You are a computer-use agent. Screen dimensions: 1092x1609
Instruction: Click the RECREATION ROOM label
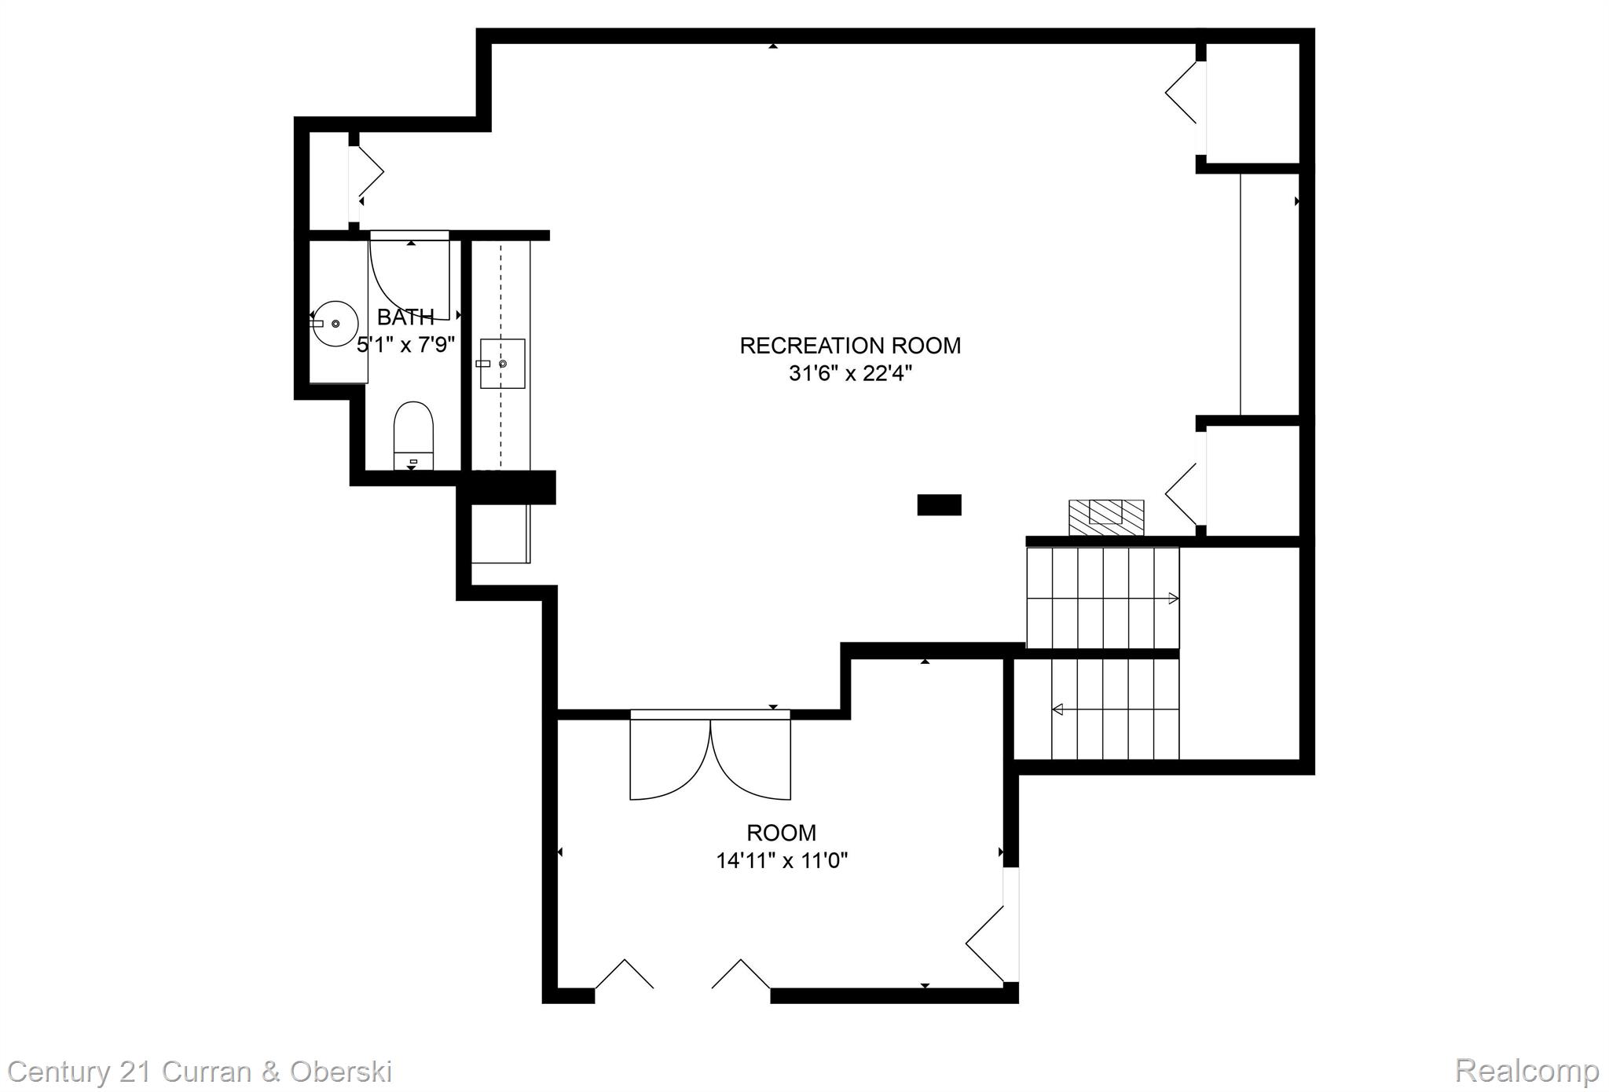click(x=850, y=346)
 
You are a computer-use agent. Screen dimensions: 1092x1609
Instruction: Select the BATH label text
click(x=405, y=317)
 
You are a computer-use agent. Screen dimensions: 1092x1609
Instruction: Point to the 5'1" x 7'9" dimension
click(x=405, y=345)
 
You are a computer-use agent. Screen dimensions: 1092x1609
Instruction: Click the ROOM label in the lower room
click(x=781, y=833)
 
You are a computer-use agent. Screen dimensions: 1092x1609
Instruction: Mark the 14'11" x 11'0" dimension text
click(x=781, y=861)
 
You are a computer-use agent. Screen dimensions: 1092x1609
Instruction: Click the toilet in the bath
click(x=413, y=436)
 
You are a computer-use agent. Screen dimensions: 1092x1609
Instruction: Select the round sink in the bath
click(x=335, y=323)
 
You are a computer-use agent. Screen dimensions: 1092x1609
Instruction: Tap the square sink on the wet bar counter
click(x=502, y=364)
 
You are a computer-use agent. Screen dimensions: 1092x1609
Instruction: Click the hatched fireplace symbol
click(x=1106, y=518)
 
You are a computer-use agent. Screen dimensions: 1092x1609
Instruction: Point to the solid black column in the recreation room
click(x=939, y=504)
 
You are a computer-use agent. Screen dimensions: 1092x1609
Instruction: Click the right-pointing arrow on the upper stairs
click(x=1173, y=599)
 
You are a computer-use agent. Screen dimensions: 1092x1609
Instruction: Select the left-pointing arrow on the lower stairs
click(x=1057, y=709)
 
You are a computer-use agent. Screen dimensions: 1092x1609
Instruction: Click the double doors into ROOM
click(x=710, y=756)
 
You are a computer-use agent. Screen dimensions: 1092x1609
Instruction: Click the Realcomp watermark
click(x=1526, y=1070)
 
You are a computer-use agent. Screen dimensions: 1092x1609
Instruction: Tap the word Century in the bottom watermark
click(x=58, y=1072)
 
